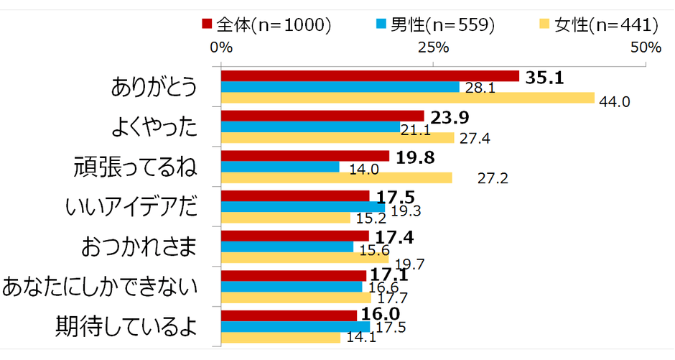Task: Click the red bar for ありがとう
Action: tap(370, 76)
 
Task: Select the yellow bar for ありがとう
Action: tap(408, 98)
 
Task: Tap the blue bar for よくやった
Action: tap(311, 127)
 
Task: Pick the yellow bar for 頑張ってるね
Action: tap(337, 177)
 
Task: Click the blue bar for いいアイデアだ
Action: tap(303, 208)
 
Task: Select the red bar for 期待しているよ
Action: tap(289, 316)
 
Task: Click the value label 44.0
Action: tap(615, 102)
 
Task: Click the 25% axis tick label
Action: tap(433, 48)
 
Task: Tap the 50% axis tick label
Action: tap(645, 48)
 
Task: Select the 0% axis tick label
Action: tap(221, 48)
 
